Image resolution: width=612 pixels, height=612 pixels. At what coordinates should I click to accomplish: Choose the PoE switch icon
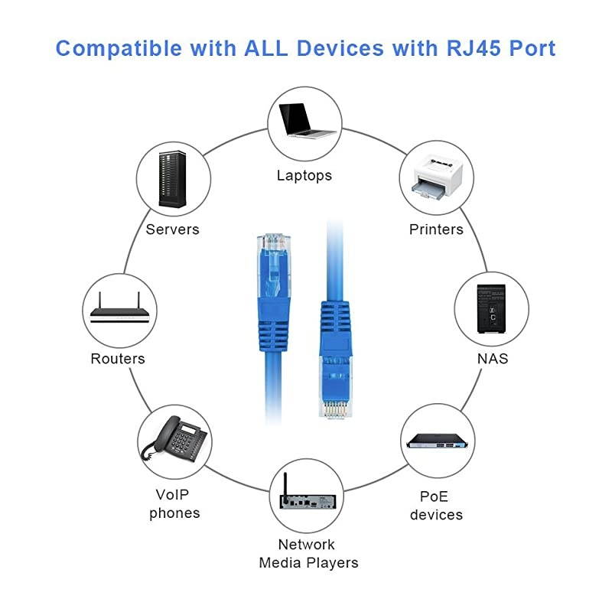pos(436,441)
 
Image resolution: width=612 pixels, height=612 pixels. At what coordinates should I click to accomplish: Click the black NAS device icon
pos(490,308)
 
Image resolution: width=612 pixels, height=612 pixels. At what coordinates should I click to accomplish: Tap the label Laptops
pos(304,175)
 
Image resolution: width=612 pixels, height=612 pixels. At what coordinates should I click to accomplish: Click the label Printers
pos(436,229)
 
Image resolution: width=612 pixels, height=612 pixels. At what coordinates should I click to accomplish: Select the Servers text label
pos(173,229)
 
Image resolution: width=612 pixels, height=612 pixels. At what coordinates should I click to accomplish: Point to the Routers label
pos(118,359)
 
